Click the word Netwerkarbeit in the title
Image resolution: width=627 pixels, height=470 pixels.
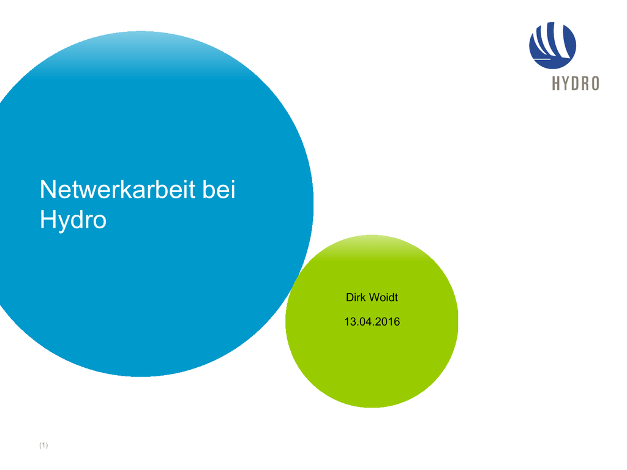tap(118, 189)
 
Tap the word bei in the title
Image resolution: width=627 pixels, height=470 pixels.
tap(219, 189)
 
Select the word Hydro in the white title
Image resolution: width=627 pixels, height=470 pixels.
tap(73, 220)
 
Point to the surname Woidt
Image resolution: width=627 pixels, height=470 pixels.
tap(383, 297)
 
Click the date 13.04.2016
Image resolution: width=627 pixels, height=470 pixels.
tap(372, 322)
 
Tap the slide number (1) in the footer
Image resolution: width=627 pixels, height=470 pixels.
tap(43, 446)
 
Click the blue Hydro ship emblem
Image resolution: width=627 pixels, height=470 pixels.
tap(552, 45)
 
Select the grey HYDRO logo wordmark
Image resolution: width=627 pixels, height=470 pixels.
tap(576, 83)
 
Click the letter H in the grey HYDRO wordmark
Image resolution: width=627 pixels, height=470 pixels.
tap(556, 83)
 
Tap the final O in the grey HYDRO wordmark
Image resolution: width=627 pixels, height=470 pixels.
tap(595, 83)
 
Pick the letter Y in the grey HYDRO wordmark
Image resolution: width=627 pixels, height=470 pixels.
tap(566, 83)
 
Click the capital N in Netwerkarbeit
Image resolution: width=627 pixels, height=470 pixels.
tap(48, 189)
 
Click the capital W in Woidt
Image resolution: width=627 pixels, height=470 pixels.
tap(374, 297)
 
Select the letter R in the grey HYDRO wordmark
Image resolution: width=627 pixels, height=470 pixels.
tap(585, 83)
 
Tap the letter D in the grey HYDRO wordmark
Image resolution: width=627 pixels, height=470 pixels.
tap(576, 83)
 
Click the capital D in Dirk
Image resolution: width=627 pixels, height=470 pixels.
tap(350, 297)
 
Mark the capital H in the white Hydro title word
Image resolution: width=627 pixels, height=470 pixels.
tap(47, 219)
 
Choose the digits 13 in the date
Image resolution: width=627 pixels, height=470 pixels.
tap(349, 322)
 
